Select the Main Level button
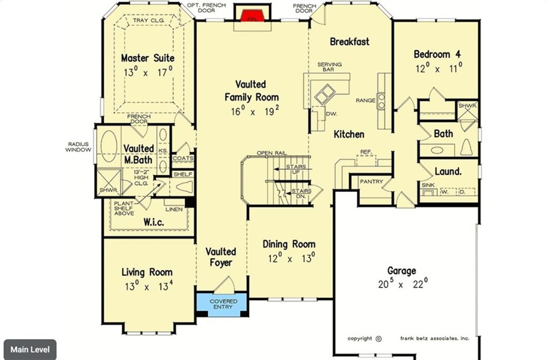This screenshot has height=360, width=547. click(30, 350)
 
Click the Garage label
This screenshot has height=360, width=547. click(402, 271)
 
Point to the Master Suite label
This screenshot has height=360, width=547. click(147, 58)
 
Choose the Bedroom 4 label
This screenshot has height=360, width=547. click(437, 54)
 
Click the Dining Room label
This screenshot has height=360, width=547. click(289, 244)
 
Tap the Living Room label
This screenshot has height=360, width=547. click(147, 272)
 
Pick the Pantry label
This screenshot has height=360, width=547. click(371, 182)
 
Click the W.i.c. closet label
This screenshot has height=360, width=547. click(153, 221)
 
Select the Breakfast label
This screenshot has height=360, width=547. click(349, 42)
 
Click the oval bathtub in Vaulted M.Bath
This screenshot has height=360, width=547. click(110, 147)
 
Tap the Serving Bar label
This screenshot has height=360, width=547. click(330, 67)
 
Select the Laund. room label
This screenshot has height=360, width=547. click(448, 171)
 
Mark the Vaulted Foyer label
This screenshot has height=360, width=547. click(221, 257)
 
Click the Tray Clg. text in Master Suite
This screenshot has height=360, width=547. click(149, 21)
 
